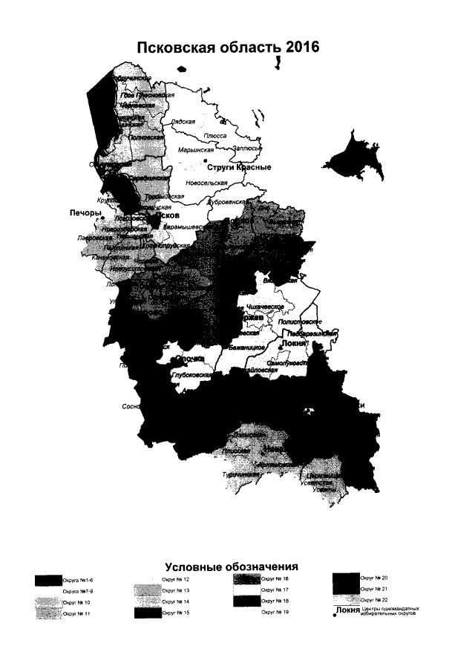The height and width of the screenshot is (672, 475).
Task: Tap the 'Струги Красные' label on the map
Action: coord(239,166)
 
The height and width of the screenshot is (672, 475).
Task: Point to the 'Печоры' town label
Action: coord(85,212)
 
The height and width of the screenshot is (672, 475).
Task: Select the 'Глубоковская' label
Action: coord(192,375)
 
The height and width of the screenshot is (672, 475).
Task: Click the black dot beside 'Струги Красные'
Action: coord(205,161)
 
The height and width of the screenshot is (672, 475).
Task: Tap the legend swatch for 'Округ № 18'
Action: coord(244,601)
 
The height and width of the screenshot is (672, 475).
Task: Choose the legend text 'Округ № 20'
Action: coord(374,577)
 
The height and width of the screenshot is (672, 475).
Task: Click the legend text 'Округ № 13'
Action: coord(176,590)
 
